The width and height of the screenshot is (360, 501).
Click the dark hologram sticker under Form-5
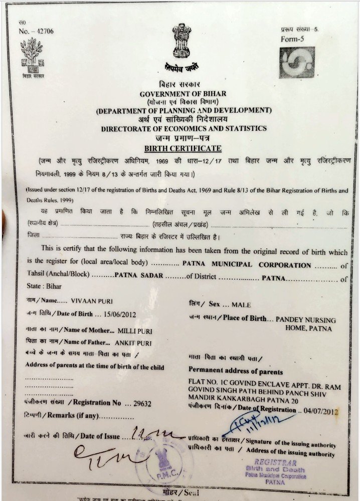297,63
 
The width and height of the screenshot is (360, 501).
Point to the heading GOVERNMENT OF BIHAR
183,94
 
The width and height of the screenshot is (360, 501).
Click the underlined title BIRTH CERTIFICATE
183,148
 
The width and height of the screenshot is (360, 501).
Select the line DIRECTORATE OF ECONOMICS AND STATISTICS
184,129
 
